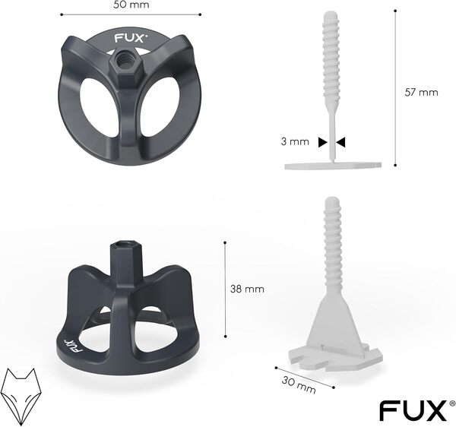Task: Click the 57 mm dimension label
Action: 423,93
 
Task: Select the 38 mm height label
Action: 248,289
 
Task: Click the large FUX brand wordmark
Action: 412,411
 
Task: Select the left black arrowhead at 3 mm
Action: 322,141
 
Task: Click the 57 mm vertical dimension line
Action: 396,87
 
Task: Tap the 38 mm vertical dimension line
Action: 226,289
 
